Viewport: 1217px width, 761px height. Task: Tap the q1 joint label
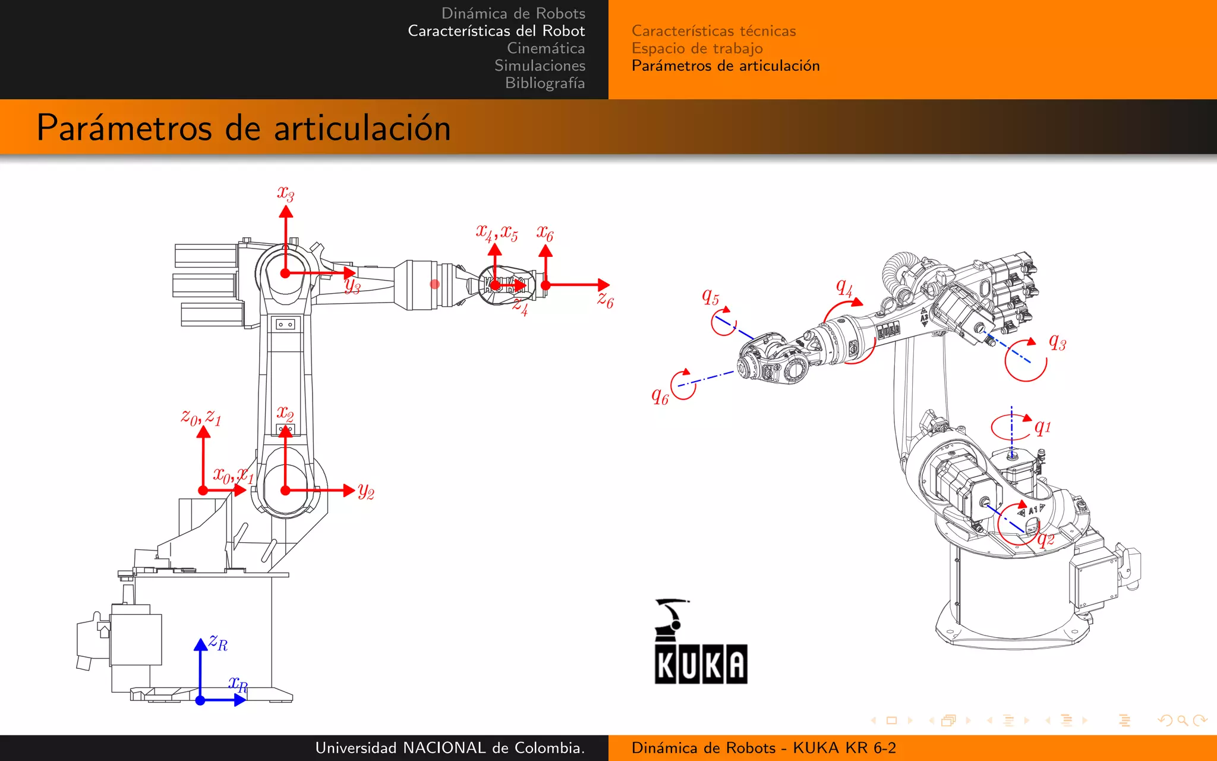click(1042, 427)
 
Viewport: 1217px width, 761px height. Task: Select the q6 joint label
click(660, 396)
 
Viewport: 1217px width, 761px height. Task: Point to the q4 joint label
click(844, 288)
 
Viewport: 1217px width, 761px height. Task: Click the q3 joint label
click(1057, 342)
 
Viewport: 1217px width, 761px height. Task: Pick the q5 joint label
click(710, 296)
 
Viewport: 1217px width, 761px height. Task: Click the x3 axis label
click(285, 193)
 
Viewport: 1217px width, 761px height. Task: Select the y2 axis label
click(366, 491)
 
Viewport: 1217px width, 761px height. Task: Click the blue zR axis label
click(218, 643)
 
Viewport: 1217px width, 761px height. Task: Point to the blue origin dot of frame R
click(200, 700)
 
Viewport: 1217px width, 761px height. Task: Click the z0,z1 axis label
click(201, 417)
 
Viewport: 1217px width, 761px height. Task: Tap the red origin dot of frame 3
click(285, 273)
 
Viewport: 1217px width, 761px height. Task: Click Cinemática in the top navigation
click(546, 48)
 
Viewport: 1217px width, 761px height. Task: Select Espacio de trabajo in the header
click(696, 48)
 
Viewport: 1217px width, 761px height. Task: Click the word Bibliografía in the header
click(544, 83)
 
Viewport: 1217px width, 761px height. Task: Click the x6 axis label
click(544, 233)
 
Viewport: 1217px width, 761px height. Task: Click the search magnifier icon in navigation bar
click(1182, 721)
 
